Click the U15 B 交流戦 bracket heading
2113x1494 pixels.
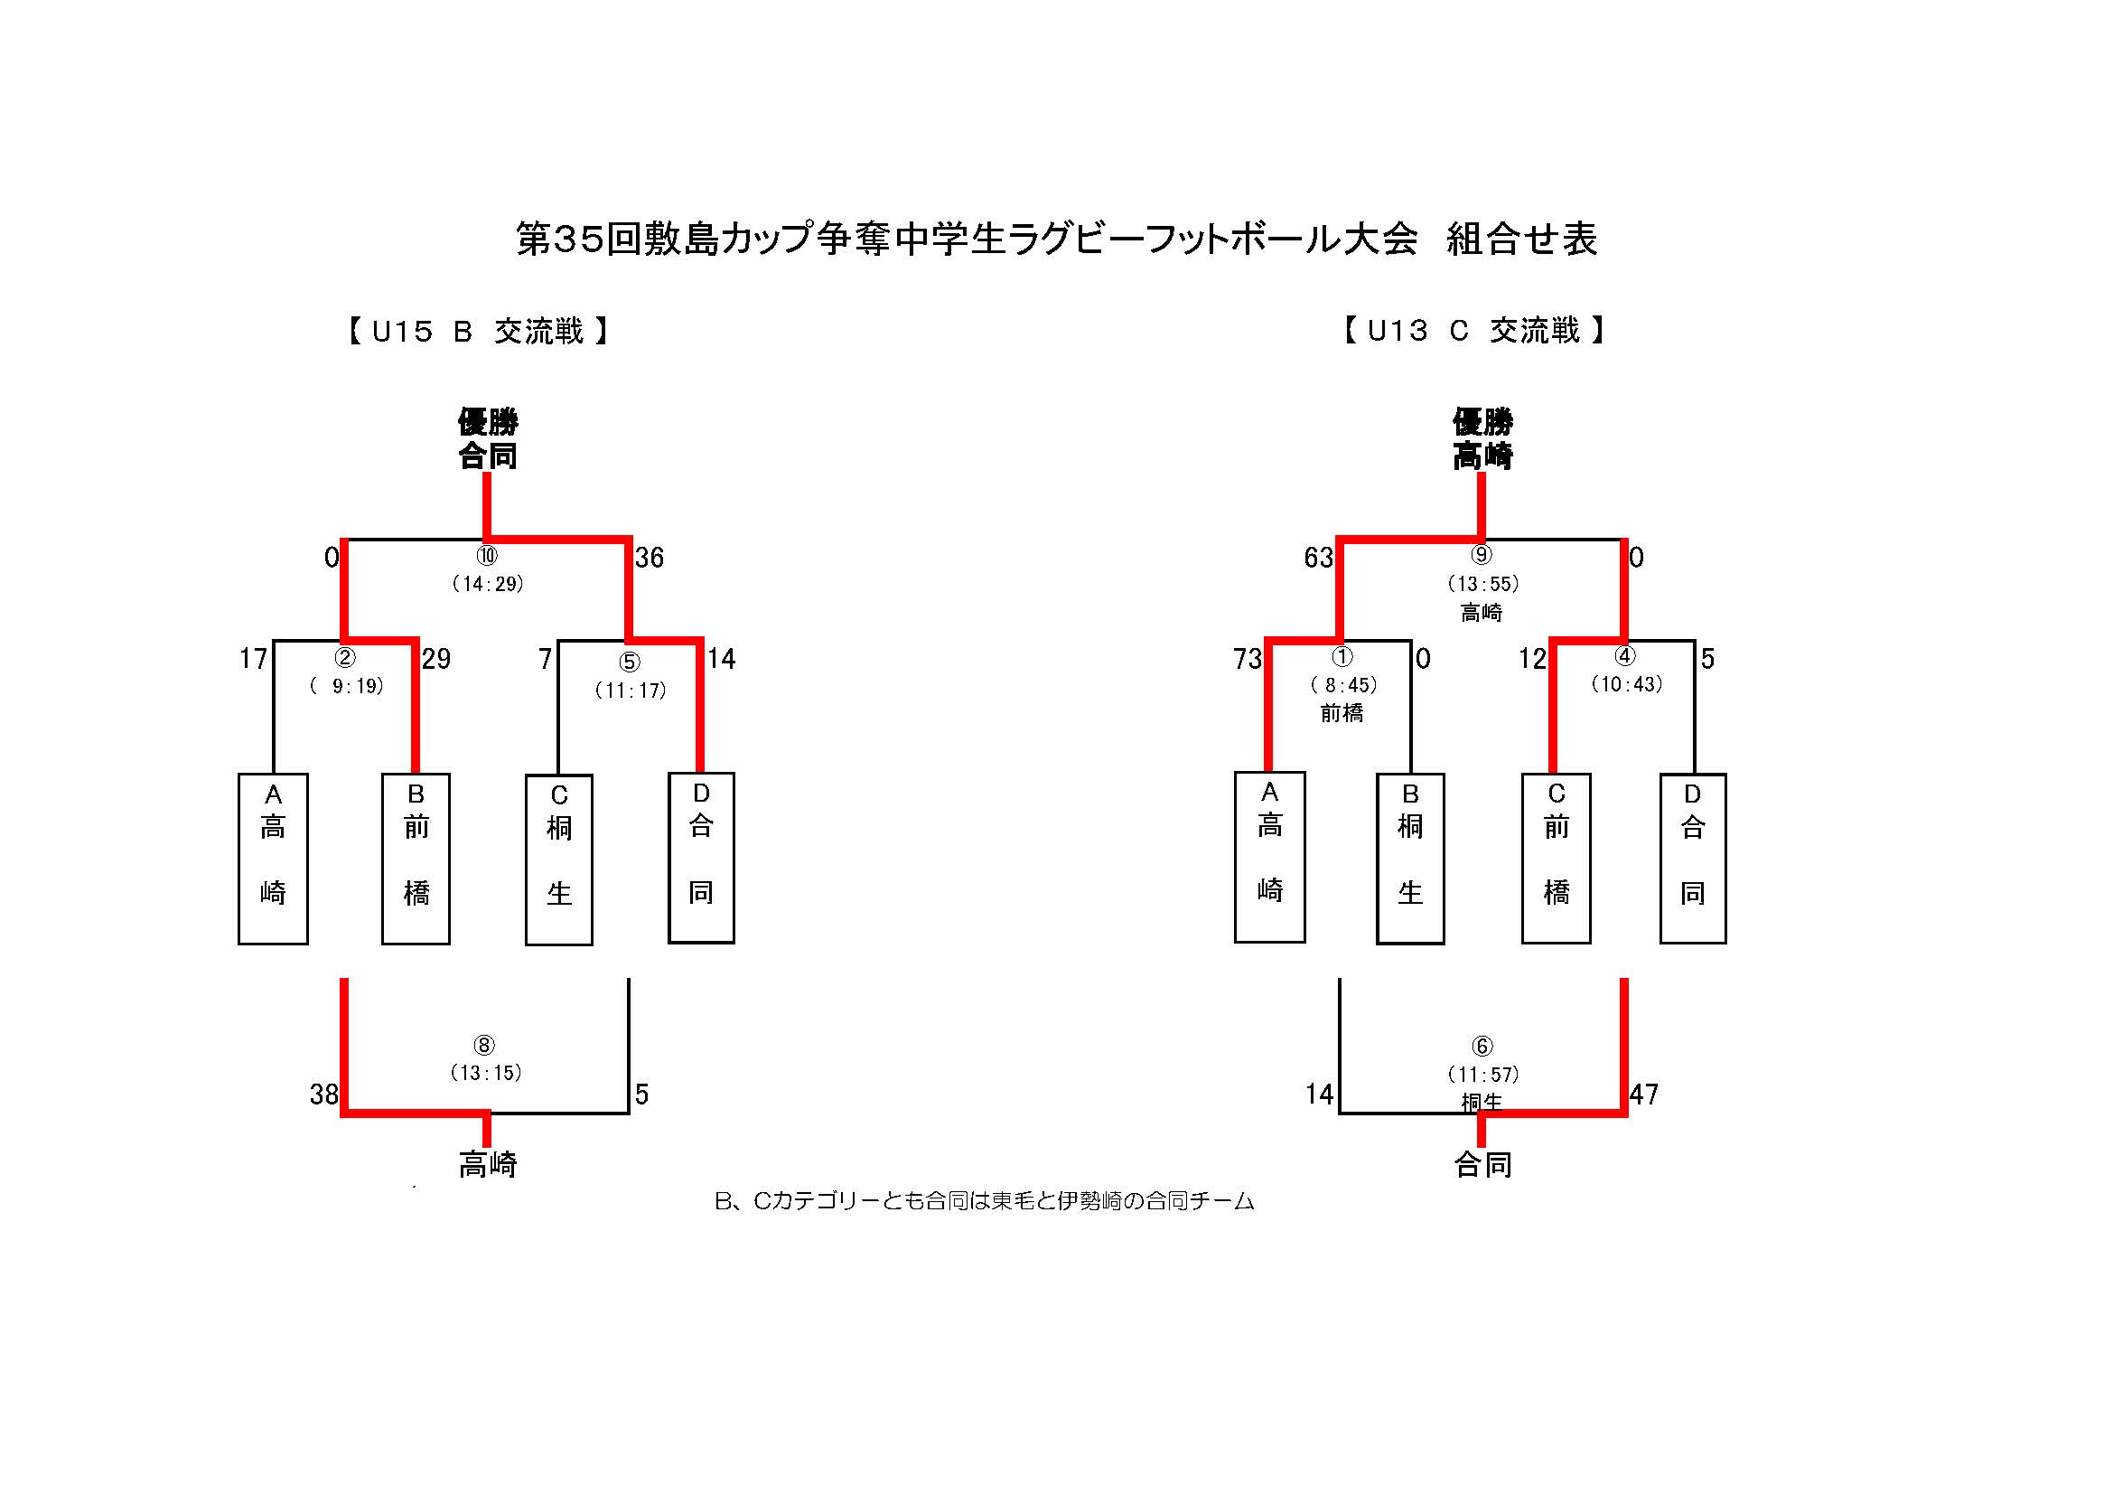[x=479, y=331]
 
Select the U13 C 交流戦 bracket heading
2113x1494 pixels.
[x=1474, y=330]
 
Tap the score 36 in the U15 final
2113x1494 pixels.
[x=649, y=557]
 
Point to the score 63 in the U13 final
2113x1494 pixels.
[x=1318, y=557]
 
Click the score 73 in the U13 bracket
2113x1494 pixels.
[x=1247, y=659]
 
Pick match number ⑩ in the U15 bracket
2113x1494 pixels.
[x=487, y=555]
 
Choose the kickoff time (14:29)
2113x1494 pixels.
[x=488, y=584]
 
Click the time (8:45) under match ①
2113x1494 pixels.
[x=1342, y=685]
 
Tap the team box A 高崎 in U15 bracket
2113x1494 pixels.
[x=274, y=858]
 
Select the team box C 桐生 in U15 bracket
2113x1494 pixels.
[x=558, y=860]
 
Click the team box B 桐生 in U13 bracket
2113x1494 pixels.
[x=1410, y=858]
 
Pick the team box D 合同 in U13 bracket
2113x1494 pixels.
[x=1692, y=858]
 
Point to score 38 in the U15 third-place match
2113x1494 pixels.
[x=324, y=1095]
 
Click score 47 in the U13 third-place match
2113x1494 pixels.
[x=1643, y=1095]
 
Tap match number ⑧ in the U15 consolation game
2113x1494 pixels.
[x=484, y=1045]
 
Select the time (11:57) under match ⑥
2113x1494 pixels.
[x=1482, y=1075]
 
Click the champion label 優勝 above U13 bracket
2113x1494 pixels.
[x=1482, y=422]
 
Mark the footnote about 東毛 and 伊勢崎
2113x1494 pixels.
[x=984, y=1201]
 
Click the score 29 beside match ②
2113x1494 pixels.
[x=436, y=659]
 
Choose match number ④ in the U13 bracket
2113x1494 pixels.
[x=1625, y=656]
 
